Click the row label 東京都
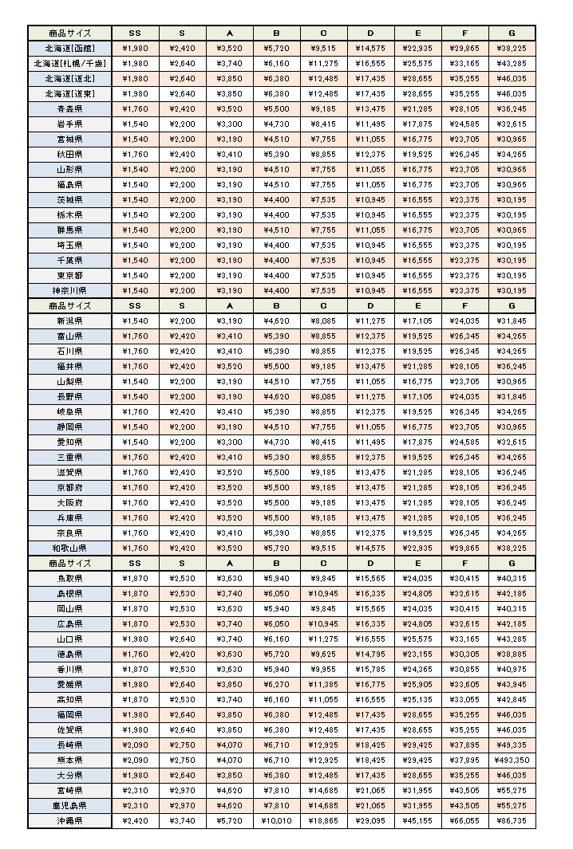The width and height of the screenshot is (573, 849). (x=69, y=275)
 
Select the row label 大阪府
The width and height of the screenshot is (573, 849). (x=69, y=502)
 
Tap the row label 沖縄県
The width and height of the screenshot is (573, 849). (x=69, y=820)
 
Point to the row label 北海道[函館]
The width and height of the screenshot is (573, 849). (x=69, y=48)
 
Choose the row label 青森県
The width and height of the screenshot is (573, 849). (x=69, y=108)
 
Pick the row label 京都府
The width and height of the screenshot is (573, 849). (x=69, y=487)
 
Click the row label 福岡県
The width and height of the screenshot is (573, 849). (x=69, y=714)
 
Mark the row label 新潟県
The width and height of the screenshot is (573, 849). (x=69, y=320)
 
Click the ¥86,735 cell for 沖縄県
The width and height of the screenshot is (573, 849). (x=512, y=820)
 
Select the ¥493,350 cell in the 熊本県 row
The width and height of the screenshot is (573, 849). (x=512, y=760)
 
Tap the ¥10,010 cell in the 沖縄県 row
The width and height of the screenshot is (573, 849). (x=276, y=820)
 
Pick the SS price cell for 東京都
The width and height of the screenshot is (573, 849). (x=135, y=275)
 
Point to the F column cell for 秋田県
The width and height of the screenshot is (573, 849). (x=464, y=154)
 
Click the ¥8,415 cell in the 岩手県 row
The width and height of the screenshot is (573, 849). (x=323, y=124)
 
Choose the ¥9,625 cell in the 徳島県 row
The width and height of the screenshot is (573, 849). (x=323, y=654)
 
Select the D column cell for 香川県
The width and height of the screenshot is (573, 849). (x=370, y=669)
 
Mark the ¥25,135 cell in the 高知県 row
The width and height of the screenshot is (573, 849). (x=417, y=699)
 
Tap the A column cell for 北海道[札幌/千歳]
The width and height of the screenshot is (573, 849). (x=229, y=63)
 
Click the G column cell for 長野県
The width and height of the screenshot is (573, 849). (x=512, y=396)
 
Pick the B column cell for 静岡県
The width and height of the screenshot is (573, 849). (x=276, y=426)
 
